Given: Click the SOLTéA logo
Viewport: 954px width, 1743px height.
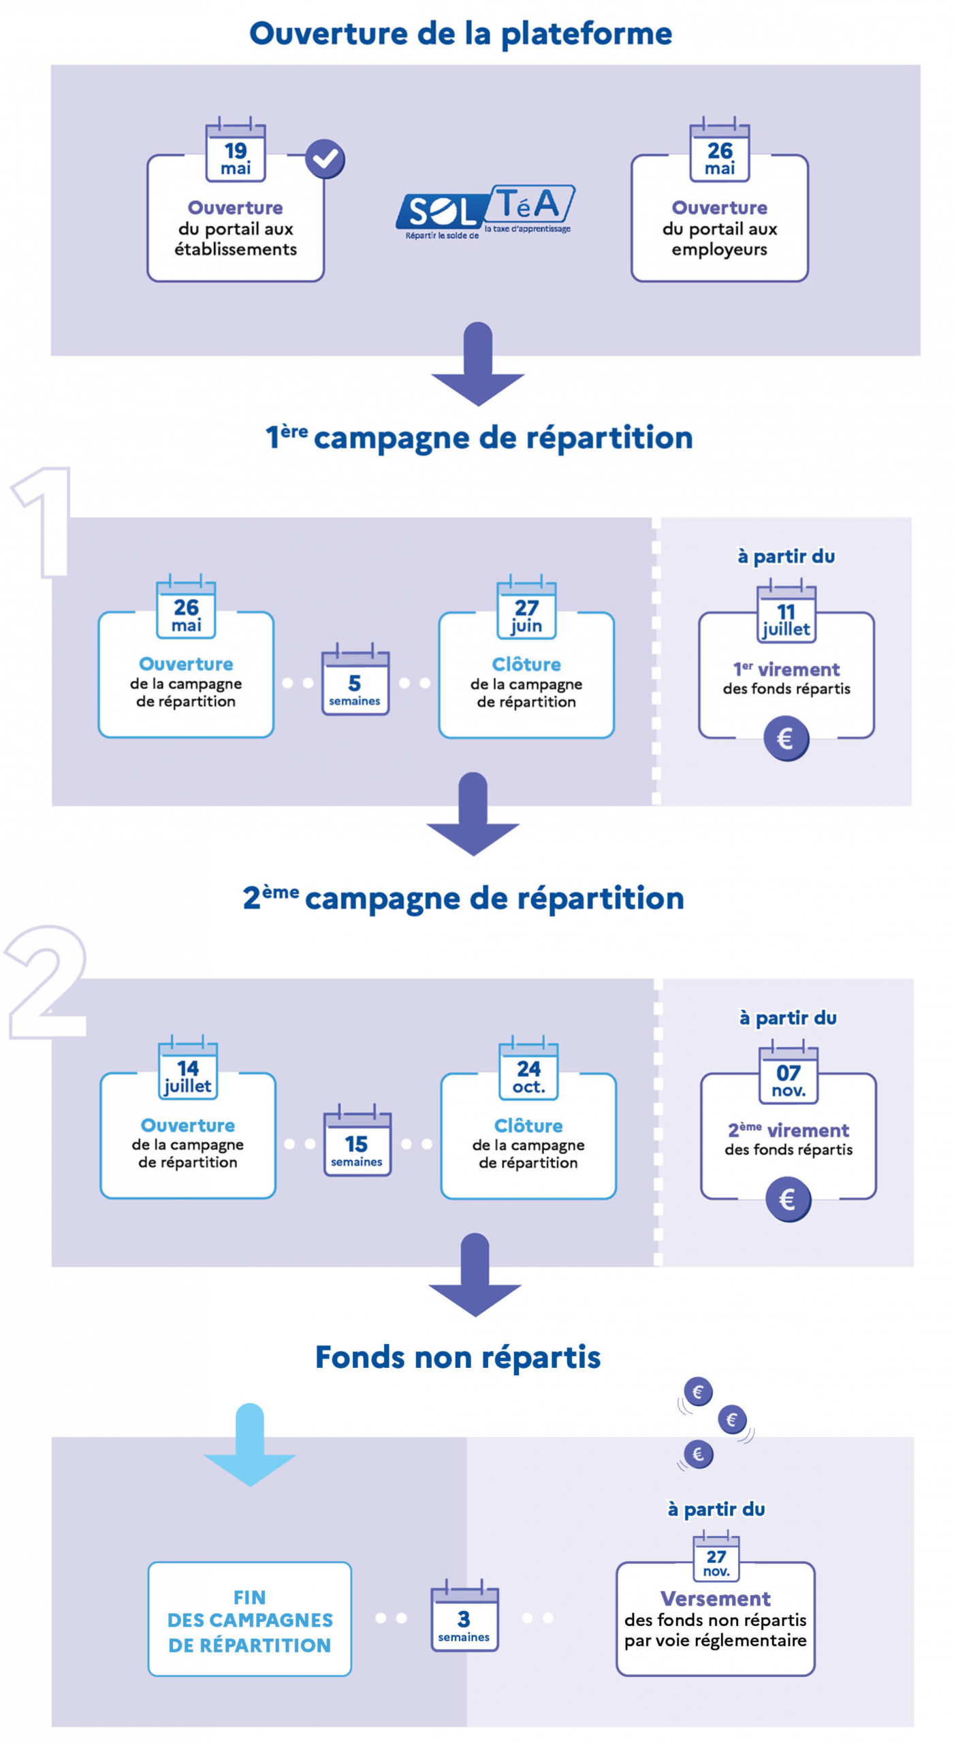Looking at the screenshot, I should pyautogui.click(x=484, y=210).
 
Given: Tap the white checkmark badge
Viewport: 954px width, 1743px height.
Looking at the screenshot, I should pyautogui.click(x=324, y=159).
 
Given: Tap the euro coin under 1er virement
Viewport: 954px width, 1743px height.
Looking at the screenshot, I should pyautogui.click(x=785, y=737).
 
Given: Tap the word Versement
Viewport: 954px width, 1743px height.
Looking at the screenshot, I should pyautogui.click(x=714, y=1598).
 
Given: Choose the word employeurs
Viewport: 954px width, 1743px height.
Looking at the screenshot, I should pyautogui.click(x=718, y=249).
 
